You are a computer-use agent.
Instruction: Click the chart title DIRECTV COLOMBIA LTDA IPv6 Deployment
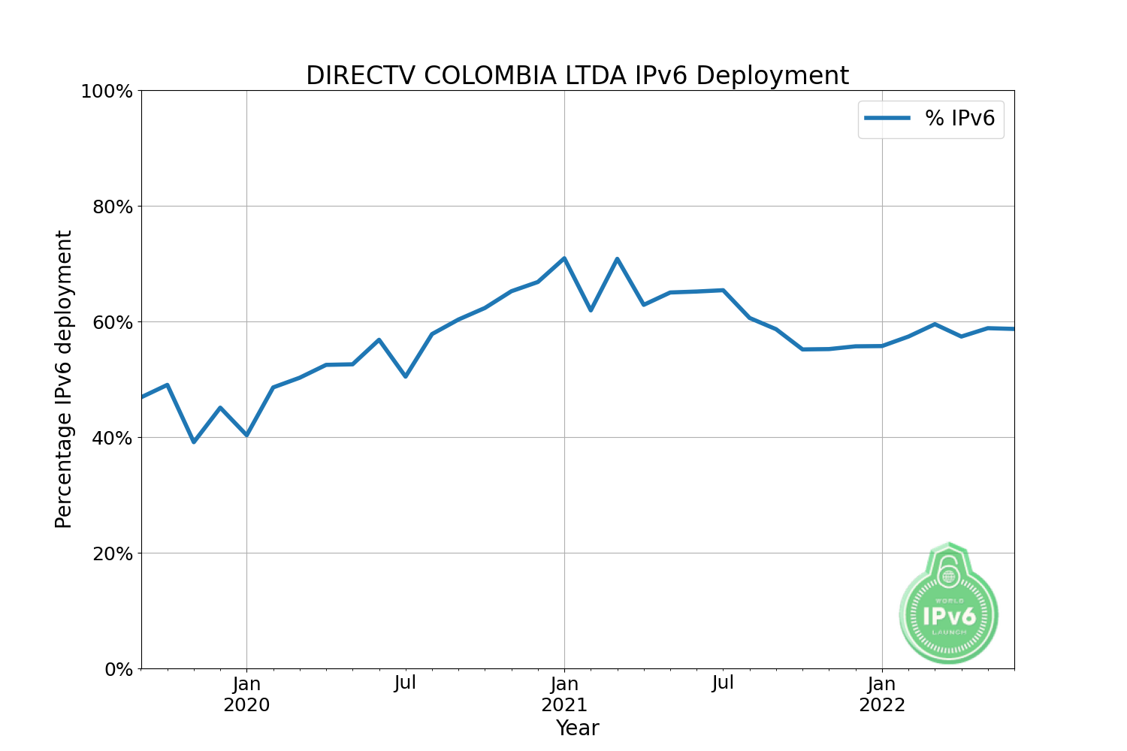tap(577, 76)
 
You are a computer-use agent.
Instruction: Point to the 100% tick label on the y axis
tap(107, 92)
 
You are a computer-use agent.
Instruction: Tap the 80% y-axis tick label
tap(113, 207)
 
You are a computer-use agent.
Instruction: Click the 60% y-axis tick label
tap(113, 322)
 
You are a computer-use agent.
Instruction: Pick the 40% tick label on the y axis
tap(113, 438)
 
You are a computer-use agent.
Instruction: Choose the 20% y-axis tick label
tap(113, 553)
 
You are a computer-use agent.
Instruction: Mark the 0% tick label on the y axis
tap(118, 669)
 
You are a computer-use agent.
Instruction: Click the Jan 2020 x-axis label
tap(246, 695)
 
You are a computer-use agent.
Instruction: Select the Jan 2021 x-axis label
tap(564, 695)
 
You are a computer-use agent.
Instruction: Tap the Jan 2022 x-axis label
tap(882, 695)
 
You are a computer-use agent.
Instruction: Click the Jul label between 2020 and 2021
tap(405, 683)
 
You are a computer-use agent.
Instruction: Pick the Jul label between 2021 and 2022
tap(723, 683)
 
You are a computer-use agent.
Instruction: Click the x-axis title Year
tap(577, 728)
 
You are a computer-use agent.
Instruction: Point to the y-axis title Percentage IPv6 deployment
tap(64, 379)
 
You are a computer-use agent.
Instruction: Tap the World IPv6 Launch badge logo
tap(949, 605)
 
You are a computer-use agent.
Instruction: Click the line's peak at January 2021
tap(564, 258)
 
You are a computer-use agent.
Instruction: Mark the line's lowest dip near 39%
tap(194, 442)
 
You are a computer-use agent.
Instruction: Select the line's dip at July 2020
tap(406, 376)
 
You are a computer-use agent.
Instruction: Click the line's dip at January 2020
tap(246, 435)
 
